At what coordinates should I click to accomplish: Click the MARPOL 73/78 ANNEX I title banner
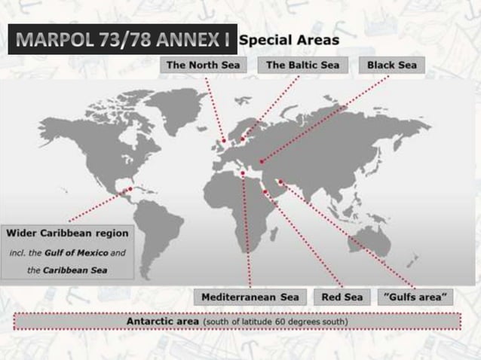click(121, 40)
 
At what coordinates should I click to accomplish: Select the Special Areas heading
click(290, 39)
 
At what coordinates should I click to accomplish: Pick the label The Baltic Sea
click(303, 66)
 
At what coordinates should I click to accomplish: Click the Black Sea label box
click(392, 66)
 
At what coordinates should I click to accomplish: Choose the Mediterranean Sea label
click(250, 297)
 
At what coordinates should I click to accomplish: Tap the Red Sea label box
click(342, 297)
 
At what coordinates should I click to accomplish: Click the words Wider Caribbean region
click(68, 232)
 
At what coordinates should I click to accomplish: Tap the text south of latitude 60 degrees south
click(274, 322)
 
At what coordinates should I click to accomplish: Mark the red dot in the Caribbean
click(130, 188)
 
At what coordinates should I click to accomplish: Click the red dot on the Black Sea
click(262, 160)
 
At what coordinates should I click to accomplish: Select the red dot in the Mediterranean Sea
click(243, 173)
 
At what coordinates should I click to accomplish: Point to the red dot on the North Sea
click(223, 140)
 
